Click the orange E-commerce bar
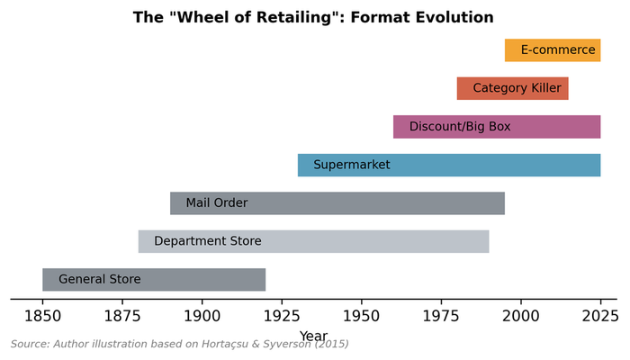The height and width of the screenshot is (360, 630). [553, 50]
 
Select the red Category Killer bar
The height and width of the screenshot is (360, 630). [512, 88]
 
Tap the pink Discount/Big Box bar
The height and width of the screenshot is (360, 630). [497, 127]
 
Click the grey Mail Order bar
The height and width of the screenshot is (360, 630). [337, 203]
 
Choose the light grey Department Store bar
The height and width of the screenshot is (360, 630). [313, 241]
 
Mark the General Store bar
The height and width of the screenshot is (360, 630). [154, 280]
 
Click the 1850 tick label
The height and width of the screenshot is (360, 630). [42, 316]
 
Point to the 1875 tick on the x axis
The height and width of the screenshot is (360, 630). [122, 316]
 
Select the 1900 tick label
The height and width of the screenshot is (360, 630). [202, 316]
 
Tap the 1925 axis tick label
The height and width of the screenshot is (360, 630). [282, 316]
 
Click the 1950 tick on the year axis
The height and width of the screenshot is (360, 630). [361, 316]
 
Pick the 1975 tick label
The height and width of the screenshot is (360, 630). [441, 316]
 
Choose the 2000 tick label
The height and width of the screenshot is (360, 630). [520, 316]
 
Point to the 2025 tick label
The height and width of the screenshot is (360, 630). [600, 316]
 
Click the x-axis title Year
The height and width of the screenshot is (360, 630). [313, 336]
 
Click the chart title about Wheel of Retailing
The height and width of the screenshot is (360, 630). [313, 17]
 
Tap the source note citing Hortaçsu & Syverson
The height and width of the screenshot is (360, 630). [179, 344]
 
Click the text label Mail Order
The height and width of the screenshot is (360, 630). [217, 203]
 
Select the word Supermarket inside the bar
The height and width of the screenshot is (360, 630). [352, 165]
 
